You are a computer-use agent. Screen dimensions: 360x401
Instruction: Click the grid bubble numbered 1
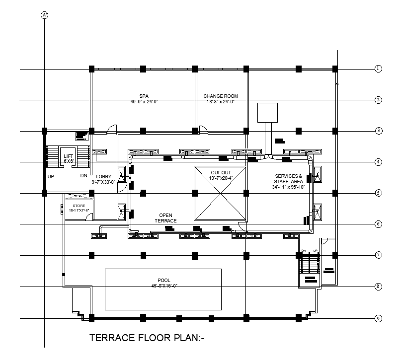(x=378, y=69)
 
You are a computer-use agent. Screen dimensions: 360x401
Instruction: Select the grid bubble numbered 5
(x=378, y=193)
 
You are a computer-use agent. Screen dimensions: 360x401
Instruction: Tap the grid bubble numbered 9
(x=378, y=318)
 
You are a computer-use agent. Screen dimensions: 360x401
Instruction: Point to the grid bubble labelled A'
(x=45, y=15)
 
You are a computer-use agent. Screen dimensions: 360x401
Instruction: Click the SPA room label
(x=144, y=96)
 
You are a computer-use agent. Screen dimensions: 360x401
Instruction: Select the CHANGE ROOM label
(x=221, y=96)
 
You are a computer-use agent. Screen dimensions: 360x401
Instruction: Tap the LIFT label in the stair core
(x=68, y=156)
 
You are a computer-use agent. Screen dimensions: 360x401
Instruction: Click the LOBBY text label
(x=103, y=176)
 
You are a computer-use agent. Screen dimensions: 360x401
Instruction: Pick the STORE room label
(x=79, y=205)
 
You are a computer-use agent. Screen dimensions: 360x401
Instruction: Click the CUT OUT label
(x=221, y=172)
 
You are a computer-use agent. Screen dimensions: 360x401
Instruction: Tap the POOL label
(x=164, y=281)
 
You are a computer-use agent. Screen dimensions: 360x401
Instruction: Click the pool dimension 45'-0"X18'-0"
(x=164, y=286)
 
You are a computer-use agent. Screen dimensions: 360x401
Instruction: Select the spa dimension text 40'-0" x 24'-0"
(x=144, y=101)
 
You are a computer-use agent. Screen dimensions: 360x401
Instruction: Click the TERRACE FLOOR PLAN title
(x=147, y=339)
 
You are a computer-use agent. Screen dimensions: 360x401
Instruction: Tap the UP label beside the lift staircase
(x=51, y=176)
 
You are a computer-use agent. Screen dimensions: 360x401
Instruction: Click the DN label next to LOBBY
(x=83, y=176)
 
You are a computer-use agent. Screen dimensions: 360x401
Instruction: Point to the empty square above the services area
(x=268, y=113)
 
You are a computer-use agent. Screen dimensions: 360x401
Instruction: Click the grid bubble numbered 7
(x=378, y=255)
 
